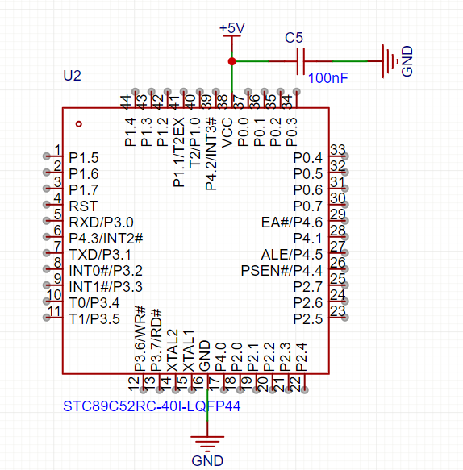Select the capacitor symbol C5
click(x=302, y=61)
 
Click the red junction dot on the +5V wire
click(x=231, y=61)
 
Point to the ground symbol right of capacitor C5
click(x=390, y=61)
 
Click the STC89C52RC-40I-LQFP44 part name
click(x=151, y=406)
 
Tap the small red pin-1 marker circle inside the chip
click(x=78, y=123)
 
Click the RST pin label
click(x=83, y=206)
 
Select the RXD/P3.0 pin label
click(x=101, y=223)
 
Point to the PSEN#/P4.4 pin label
click(x=282, y=271)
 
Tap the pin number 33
click(x=338, y=151)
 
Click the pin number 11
click(x=54, y=311)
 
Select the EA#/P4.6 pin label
click(x=292, y=223)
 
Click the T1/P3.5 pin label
click(x=94, y=319)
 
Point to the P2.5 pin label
click(x=307, y=319)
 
